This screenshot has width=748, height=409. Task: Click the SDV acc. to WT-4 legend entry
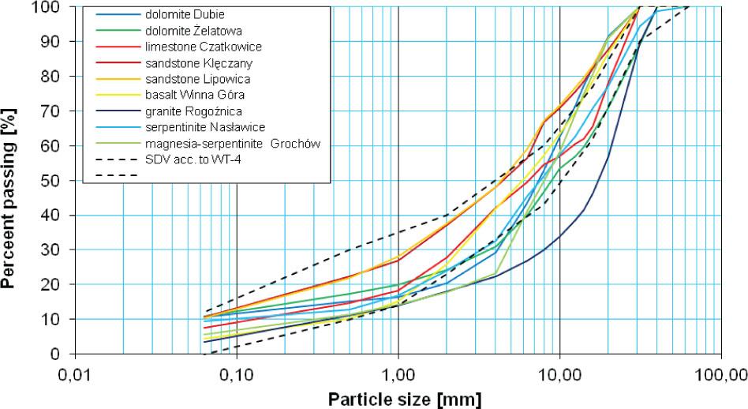point(194,160)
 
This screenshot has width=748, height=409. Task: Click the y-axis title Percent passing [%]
point(12,178)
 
